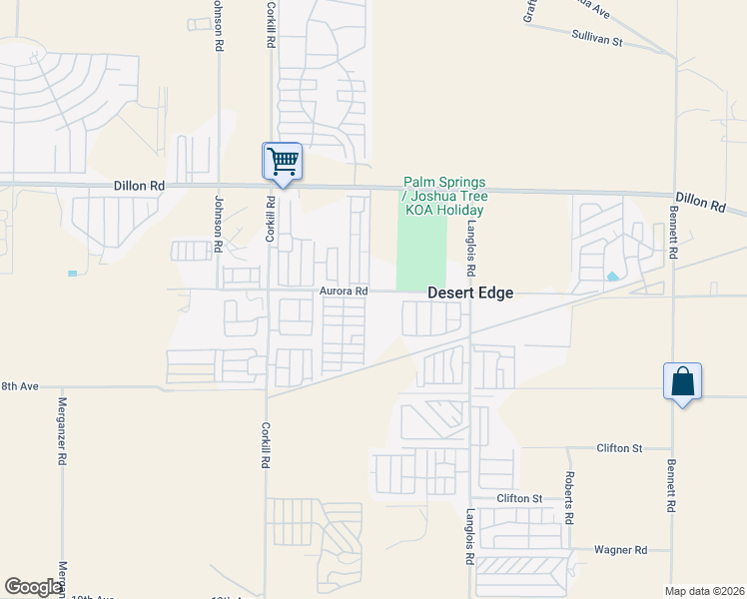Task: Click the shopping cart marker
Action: pyautogui.click(x=283, y=161)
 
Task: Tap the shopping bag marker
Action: pyautogui.click(x=682, y=381)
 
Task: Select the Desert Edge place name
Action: pyautogui.click(x=470, y=294)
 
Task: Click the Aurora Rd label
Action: pyautogui.click(x=345, y=292)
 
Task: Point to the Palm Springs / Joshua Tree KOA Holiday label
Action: pyautogui.click(x=444, y=197)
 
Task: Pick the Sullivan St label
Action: pyautogui.click(x=597, y=42)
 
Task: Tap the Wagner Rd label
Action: pyautogui.click(x=620, y=550)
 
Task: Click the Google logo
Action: pyautogui.click(x=33, y=587)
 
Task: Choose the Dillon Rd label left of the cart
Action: pyautogui.click(x=139, y=186)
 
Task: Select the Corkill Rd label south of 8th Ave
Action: pyautogui.click(x=267, y=445)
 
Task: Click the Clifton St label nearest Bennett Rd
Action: pyautogui.click(x=618, y=448)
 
